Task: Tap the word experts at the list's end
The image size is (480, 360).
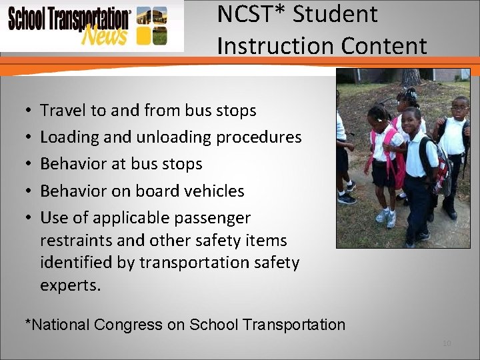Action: (70, 285)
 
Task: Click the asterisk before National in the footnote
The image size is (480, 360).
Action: (28, 323)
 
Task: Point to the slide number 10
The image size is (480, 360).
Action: (446, 343)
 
